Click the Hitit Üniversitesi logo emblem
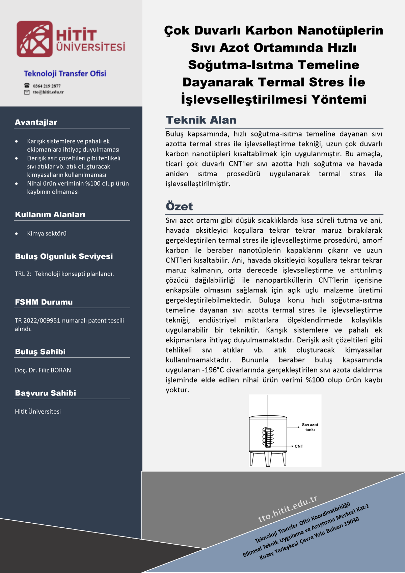coord(34,39)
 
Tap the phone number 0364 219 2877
coord(47,86)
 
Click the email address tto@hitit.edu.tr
coord(48,92)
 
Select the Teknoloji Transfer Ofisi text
coord(65,74)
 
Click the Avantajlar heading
coord(36,122)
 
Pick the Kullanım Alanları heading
coord(50,214)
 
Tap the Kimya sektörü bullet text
coord(47,233)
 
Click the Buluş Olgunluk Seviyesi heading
coord(64,256)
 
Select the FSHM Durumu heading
coord(44,302)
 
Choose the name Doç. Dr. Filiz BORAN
coord(43,370)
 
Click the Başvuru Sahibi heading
coord(46,393)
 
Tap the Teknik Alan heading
coord(201,120)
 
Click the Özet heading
coord(179,206)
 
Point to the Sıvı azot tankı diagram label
coord(310,427)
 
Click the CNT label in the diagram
coord(299,446)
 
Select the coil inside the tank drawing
coord(268,438)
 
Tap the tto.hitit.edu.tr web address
coord(288,509)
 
